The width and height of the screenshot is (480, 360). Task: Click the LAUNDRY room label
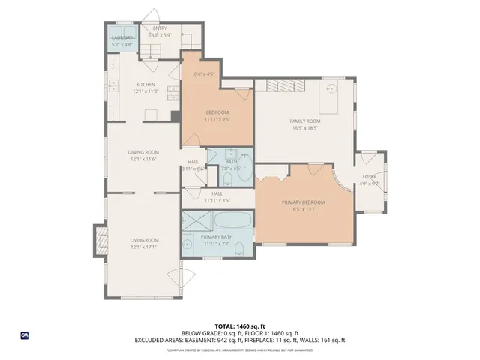point(122,37)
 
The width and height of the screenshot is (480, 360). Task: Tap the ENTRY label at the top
point(160,28)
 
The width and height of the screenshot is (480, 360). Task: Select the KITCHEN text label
point(145,84)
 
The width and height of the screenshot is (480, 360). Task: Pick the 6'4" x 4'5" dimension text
point(204,74)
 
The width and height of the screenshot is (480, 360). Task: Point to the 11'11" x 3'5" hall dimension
point(216,200)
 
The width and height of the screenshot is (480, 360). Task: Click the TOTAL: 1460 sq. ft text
point(239,326)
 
